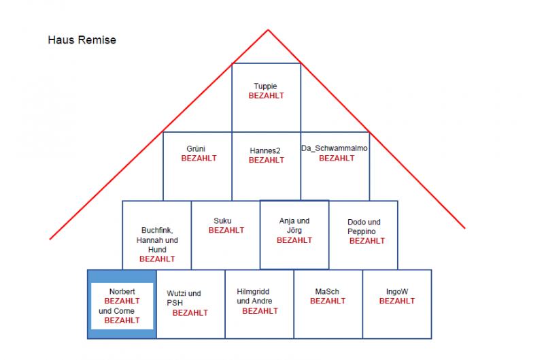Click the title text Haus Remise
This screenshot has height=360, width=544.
tap(82, 40)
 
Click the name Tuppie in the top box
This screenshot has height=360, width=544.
tap(265, 86)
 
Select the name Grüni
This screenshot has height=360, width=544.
tap(196, 148)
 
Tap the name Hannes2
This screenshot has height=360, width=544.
tap(265, 150)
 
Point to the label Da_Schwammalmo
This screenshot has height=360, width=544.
tap(335, 148)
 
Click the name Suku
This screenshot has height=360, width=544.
tap(222, 220)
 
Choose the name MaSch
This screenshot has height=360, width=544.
tap(327, 292)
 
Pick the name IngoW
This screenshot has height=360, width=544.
tap(397, 292)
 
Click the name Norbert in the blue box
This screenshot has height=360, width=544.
tap(122, 292)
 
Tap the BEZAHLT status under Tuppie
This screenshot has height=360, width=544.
tap(266, 96)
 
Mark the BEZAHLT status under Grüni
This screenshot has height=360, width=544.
tap(199, 159)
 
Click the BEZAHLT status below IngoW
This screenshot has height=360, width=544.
tap(397, 301)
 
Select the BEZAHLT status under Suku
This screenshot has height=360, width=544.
tap(226, 230)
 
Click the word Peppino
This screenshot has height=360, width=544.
tap(362, 231)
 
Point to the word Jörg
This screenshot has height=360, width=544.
tap(294, 230)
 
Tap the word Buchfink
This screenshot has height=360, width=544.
tap(157, 230)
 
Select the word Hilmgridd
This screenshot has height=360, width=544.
tap(253, 292)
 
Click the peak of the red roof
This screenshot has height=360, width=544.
tap(268, 30)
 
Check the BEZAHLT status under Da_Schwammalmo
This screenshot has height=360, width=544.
tap(337, 159)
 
